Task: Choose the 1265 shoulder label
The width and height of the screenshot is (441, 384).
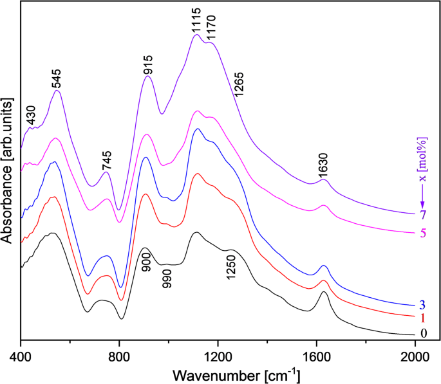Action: tap(239, 85)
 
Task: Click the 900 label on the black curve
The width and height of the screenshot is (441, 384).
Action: tap(146, 261)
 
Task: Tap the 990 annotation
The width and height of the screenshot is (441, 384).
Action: tap(167, 277)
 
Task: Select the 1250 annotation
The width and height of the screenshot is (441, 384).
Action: tap(231, 265)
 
